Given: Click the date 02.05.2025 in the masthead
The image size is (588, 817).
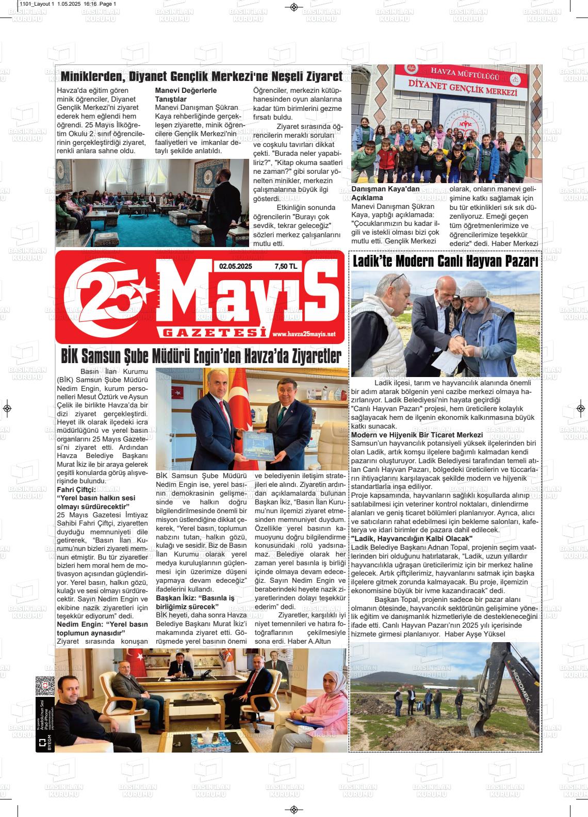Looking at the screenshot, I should tap(235, 267).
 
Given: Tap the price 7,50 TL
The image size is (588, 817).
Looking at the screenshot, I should tap(286, 267).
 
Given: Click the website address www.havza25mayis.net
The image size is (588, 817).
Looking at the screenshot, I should tap(304, 334).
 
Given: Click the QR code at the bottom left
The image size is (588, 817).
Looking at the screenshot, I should tap(45, 687).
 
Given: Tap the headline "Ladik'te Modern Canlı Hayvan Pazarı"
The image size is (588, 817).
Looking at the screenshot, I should tap(445, 260).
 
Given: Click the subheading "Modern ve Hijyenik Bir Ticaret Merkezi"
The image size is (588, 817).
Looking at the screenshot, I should tap(417, 435).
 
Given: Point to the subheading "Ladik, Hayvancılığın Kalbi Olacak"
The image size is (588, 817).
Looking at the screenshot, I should tap(412, 538).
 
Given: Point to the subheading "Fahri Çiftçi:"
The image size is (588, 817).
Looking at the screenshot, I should tap(76, 489).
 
